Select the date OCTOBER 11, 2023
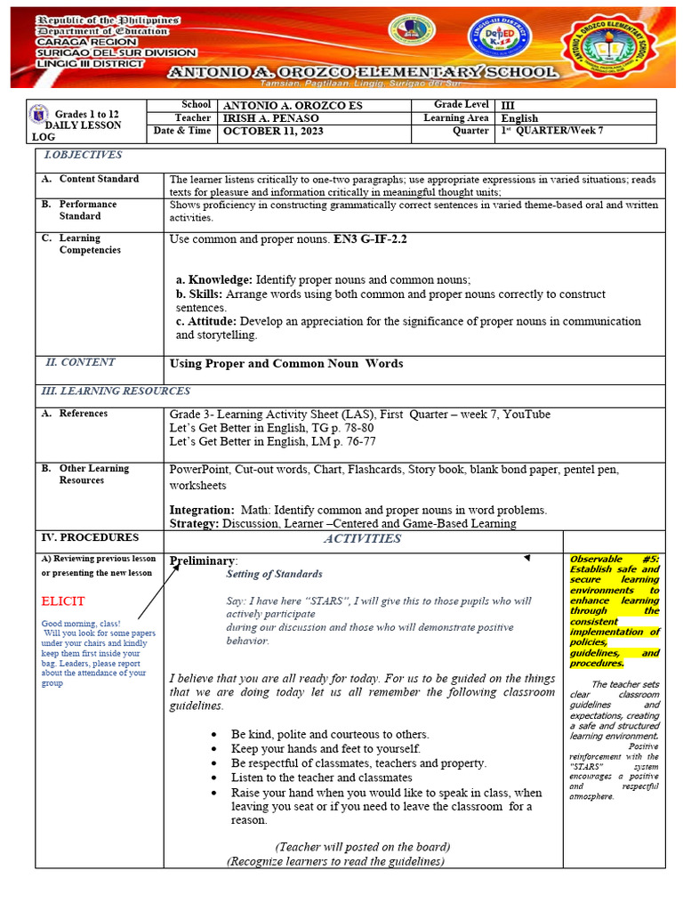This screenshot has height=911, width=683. coord(273,132)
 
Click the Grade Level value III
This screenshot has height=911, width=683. coord(508,105)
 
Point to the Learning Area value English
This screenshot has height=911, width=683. coord(519,118)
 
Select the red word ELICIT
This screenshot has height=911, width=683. coord(62,601)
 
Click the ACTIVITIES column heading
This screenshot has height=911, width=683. coord(362,538)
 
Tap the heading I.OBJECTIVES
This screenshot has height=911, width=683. coord(83,155)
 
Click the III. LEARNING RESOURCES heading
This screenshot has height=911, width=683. coord(116,391)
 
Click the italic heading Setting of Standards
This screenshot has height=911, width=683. coord(274,575)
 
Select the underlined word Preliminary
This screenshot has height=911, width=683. coord(202,561)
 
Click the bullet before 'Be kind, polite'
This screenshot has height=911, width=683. coord(216,735)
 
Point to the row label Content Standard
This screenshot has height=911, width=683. coord(99,179)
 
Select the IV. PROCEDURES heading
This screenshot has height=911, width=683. coord(90,537)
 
